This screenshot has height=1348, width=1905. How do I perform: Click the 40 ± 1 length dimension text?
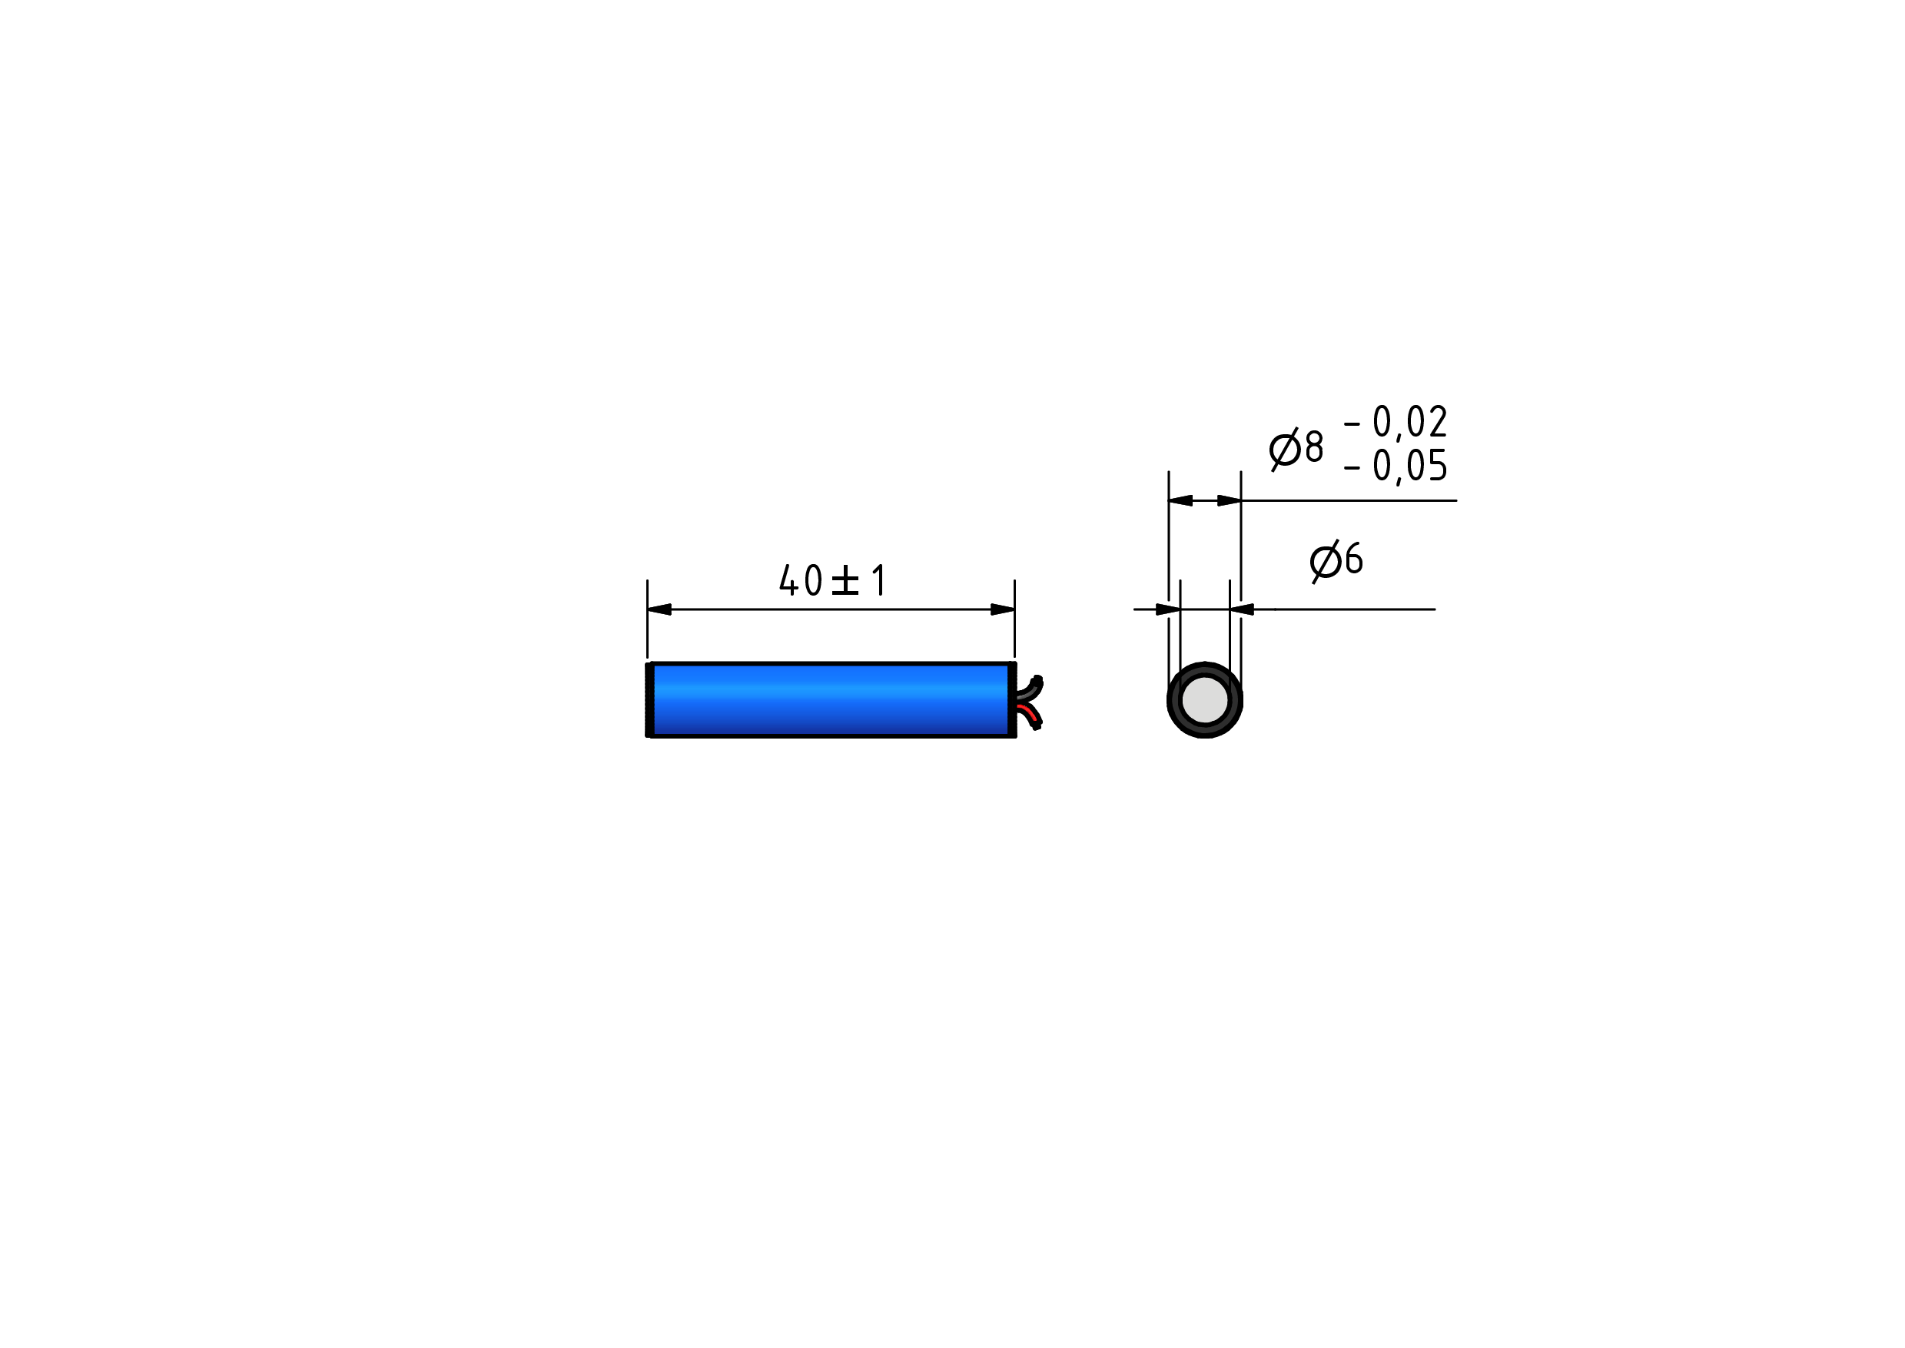point(832,580)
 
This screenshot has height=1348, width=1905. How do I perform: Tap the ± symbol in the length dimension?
point(845,581)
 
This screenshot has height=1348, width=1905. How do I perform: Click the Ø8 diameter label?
point(1296,449)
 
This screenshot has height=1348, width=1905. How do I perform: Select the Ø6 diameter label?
point(1336,561)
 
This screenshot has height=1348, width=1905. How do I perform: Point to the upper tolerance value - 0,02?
point(1396,422)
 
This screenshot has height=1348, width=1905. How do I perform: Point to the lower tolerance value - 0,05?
point(1396,466)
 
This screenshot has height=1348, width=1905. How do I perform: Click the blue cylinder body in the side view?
point(831,699)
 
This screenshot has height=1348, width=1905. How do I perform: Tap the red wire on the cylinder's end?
point(1028,714)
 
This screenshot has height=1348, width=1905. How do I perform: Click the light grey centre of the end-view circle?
point(1204,699)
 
